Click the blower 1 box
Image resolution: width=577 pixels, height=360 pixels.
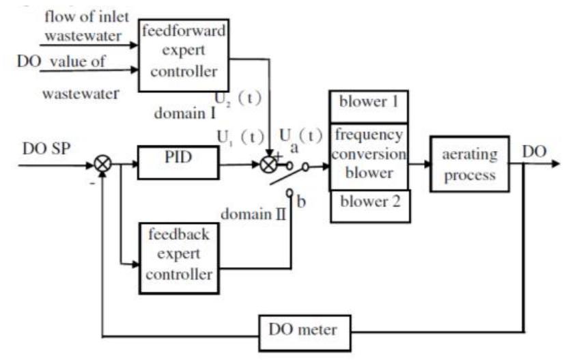(x=369, y=106)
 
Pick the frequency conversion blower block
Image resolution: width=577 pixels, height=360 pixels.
(x=369, y=156)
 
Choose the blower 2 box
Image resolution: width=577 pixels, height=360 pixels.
(x=369, y=205)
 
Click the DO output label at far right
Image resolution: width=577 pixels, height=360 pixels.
(x=533, y=150)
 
